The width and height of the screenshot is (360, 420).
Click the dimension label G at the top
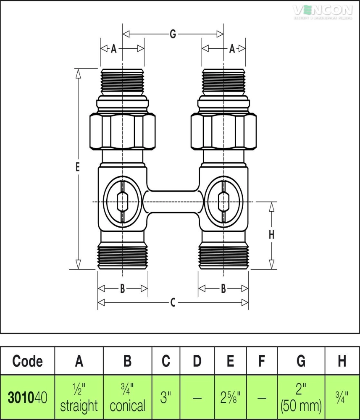pos(173,34)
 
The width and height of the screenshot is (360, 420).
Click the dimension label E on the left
pos(77,167)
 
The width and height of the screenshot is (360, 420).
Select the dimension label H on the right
pos(271,235)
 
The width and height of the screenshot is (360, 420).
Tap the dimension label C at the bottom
pos(173,302)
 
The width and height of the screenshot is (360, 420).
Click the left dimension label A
pos(113,49)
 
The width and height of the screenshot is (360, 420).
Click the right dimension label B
pos(223,289)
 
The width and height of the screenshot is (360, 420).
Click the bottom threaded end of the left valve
pos(122,256)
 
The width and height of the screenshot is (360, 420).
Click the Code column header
pos(27,360)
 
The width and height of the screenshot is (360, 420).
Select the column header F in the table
pos(262,360)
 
